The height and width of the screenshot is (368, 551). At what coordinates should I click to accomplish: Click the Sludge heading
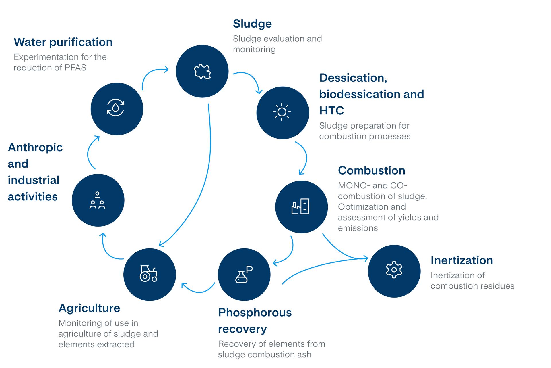(252, 24)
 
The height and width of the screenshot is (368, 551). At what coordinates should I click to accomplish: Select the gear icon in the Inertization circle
(394, 270)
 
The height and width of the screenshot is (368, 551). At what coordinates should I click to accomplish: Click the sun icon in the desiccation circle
(282, 112)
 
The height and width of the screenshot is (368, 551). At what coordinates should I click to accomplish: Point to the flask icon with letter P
(244, 274)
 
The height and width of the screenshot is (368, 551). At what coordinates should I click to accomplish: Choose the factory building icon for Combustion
(300, 206)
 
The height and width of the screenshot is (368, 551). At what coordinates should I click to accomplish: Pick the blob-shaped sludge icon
(202, 72)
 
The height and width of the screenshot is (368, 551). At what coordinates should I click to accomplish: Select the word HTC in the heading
(331, 111)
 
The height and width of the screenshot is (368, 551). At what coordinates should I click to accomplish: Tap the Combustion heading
(371, 170)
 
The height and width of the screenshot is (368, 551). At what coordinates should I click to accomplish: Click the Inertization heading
(461, 260)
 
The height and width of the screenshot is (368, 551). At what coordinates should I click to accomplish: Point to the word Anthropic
(35, 147)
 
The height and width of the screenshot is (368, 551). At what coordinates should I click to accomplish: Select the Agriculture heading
(89, 308)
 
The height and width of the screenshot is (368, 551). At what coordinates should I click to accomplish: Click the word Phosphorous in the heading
(255, 313)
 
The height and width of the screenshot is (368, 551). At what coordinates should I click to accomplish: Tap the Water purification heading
(63, 42)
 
